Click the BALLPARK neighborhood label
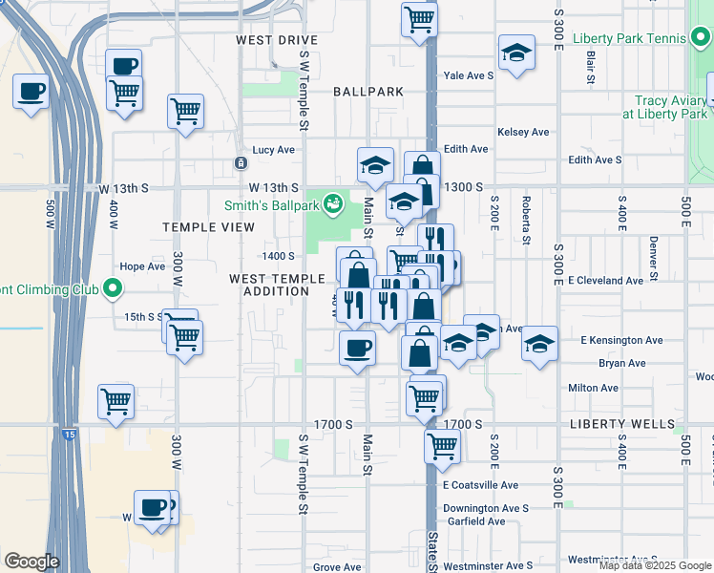[x=368, y=92]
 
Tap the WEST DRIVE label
[x=277, y=40]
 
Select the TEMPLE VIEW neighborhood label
[x=208, y=227]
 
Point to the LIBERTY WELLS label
[x=621, y=424]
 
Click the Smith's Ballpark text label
[x=270, y=203]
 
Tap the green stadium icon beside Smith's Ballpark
[x=332, y=202]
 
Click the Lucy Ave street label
[x=274, y=150]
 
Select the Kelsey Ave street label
[x=523, y=132]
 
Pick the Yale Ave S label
[x=468, y=74]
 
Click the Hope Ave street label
[x=142, y=266]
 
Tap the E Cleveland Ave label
[x=605, y=281]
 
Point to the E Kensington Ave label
[x=621, y=340]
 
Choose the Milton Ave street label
[x=593, y=388]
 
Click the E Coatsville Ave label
[x=480, y=485]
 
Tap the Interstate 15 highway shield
[x=69, y=435]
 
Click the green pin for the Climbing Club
[x=113, y=287]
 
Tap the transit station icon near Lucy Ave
[x=240, y=163]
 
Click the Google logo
[x=31, y=562]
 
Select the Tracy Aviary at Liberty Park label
[x=664, y=106]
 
